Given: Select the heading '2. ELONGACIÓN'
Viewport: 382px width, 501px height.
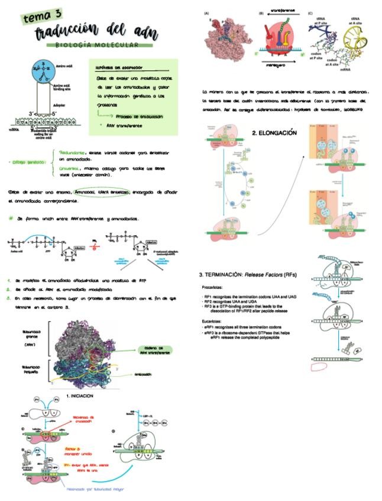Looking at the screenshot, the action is tap(274, 133).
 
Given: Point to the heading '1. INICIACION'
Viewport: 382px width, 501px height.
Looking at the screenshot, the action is tap(79, 395).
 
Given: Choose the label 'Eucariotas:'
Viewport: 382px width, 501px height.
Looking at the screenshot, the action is tap(213, 322).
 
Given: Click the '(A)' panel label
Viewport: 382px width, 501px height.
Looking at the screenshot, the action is tap(206, 13).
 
